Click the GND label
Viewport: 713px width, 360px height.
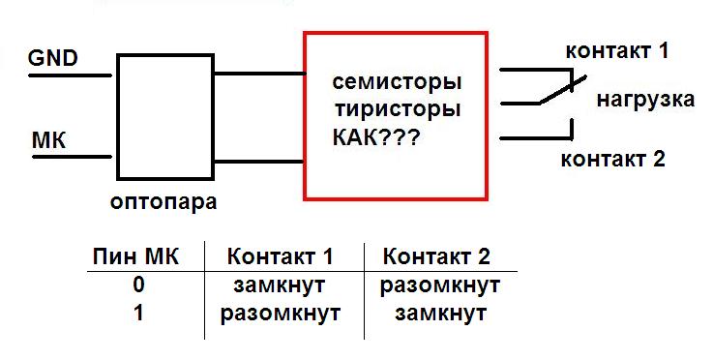(53, 58)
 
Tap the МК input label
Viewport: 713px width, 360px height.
(48, 140)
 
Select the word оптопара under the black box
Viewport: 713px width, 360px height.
(163, 202)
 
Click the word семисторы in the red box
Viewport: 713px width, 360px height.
(397, 83)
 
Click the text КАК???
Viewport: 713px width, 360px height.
(376, 137)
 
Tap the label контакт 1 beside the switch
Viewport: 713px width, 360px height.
(617, 51)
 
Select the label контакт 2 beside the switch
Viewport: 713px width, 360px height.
(613, 160)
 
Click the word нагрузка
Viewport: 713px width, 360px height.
(645, 100)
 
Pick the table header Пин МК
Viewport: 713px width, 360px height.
(135, 257)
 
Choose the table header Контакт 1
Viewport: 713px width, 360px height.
(281, 257)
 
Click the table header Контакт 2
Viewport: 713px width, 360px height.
(436, 257)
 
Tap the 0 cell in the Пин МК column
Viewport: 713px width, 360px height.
(138, 285)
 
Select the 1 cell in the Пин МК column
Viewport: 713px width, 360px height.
(138, 314)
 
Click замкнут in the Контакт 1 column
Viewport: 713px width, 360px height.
(280, 286)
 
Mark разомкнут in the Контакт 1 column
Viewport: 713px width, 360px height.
(281, 315)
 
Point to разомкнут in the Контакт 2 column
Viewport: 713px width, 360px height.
(440, 286)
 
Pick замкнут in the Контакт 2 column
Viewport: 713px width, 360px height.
(440, 315)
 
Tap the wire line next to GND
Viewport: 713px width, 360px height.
(71, 75)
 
